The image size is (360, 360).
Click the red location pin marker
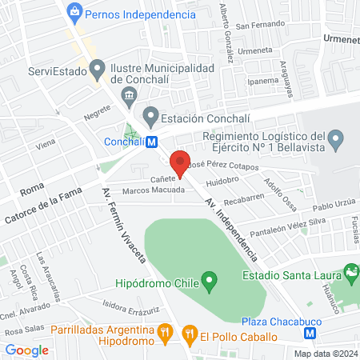point(180,162)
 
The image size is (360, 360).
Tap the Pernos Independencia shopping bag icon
point(74,12)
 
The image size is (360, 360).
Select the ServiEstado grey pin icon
point(98,70)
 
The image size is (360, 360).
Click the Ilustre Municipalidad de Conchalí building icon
point(128,96)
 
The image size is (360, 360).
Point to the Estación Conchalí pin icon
point(150,117)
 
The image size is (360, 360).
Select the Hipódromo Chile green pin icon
point(210,281)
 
